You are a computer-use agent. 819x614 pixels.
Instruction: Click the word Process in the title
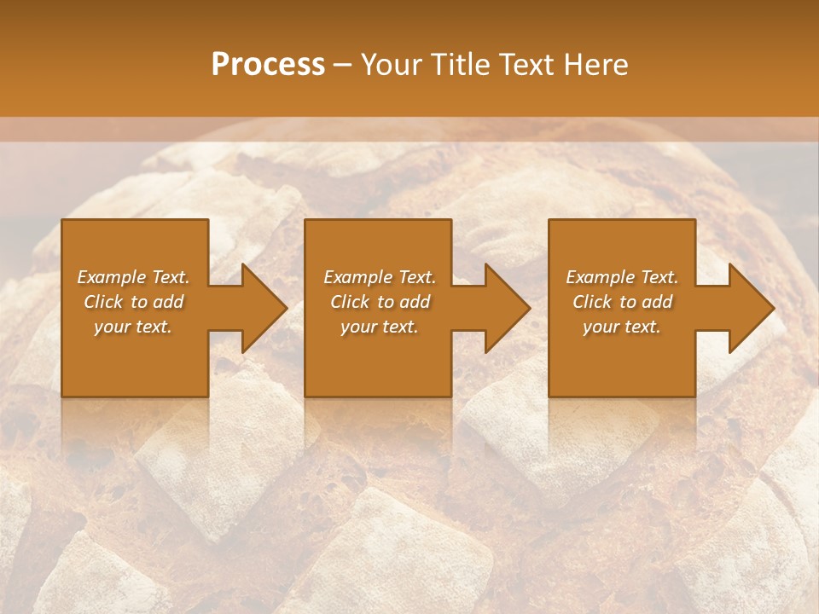[x=268, y=65]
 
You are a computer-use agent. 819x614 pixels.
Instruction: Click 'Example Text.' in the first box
[x=133, y=277]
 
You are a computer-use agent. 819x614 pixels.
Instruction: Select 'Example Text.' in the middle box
[x=379, y=277]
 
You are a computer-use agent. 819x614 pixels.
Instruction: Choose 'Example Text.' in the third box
[x=622, y=277]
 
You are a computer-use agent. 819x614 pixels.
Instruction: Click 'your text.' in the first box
[x=133, y=327]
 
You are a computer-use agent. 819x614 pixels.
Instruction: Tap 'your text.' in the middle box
[x=379, y=327]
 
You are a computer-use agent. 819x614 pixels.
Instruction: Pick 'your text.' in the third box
[x=622, y=327]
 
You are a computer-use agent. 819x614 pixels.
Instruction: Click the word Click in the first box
[x=103, y=302]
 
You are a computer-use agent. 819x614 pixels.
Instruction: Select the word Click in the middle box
[x=350, y=302]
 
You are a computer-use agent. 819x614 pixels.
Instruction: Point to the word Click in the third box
[x=592, y=302]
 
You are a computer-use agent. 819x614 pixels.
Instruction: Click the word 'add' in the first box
[x=168, y=302]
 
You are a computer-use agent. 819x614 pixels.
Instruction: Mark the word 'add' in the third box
[x=657, y=302]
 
